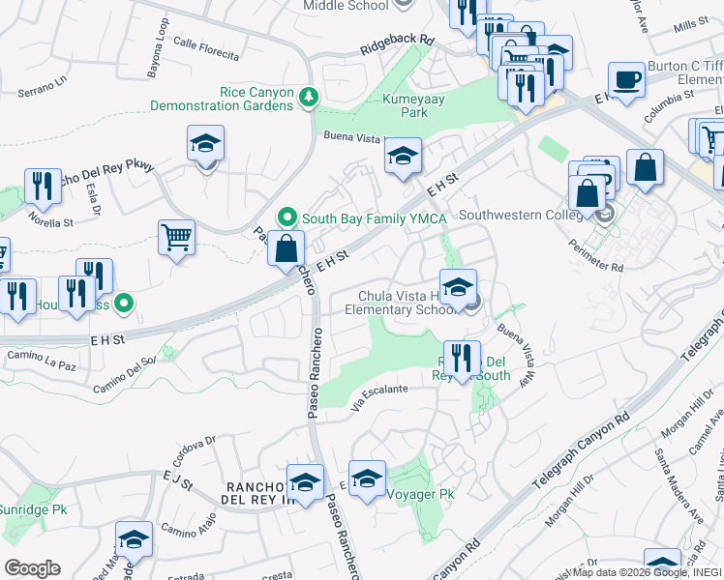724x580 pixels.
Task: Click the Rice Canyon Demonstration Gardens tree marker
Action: [x=308, y=96]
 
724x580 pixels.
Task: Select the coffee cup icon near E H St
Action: [x=626, y=79]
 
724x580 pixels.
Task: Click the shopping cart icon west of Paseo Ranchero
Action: [x=176, y=236]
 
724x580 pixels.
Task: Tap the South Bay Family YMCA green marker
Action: [x=287, y=217]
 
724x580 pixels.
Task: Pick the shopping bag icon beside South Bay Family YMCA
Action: [x=287, y=247]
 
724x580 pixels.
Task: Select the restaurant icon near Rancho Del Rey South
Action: [x=463, y=358]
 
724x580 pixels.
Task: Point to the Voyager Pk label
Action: [x=419, y=494]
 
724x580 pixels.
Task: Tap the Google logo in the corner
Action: [x=32, y=567]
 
